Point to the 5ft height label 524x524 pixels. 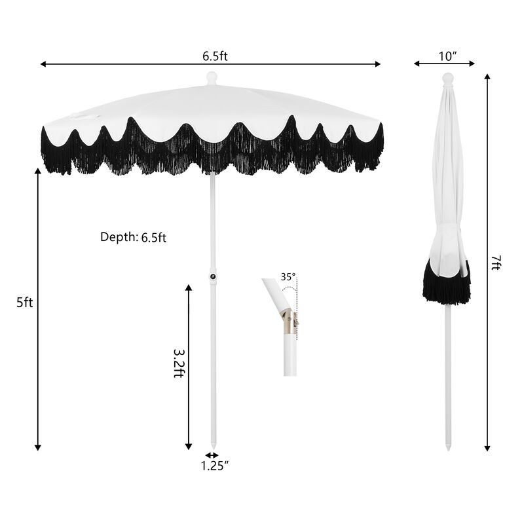point(24,303)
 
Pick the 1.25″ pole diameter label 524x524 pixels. point(214,466)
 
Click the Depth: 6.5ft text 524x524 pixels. point(133,237)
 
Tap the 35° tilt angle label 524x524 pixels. point(288,276)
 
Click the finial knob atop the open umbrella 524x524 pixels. point(211,78)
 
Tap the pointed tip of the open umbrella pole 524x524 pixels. point(212,448)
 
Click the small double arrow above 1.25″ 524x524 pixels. point(212,455)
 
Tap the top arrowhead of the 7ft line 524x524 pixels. point(487,77)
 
